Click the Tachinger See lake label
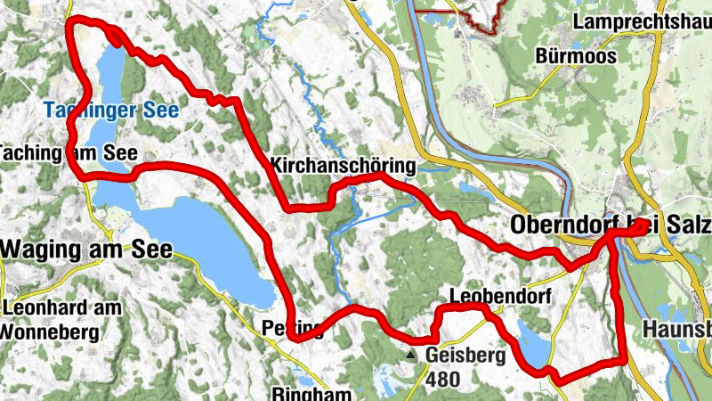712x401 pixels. coord(111,111)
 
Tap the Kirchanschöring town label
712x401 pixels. coord(342,165)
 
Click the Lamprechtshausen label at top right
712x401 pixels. coord(643,20)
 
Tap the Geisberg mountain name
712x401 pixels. coord(465,355)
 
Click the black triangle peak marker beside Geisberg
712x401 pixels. coord(410,355)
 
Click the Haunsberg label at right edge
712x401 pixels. coord(676,330)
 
